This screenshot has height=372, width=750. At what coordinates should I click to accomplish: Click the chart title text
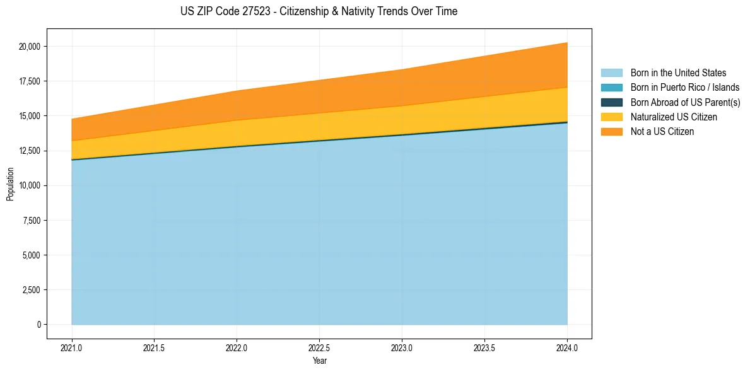click(x=319, y=11)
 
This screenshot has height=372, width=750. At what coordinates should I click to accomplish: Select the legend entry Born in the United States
click(x=678, y=73)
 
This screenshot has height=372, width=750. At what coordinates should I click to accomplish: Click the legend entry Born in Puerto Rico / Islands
click(x=685, y=88)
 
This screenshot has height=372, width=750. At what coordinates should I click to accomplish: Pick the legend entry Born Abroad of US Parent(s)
click(x=685, y=102)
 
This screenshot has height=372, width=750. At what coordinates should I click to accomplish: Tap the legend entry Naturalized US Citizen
click(x=674, y=117)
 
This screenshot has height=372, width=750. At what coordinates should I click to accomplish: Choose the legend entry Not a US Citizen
click(x=662, y=131)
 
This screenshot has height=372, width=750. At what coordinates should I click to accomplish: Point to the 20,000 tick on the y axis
click(x=30, y=47)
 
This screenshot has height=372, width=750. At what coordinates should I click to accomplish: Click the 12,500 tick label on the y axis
click(x=30, y=151)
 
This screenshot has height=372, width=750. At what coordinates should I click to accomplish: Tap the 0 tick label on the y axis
click(x=38, y=325)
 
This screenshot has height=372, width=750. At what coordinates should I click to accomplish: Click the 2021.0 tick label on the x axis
click(x=71, y=347)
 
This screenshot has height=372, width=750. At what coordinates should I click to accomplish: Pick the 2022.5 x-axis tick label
click(x=319, y=347)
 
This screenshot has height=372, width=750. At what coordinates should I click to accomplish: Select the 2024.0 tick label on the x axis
click(x=567, y=347)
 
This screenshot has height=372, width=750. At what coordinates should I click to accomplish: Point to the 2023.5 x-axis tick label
click(x=484, y=347)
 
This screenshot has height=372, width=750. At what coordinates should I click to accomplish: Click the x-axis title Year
click(x=319, y=361)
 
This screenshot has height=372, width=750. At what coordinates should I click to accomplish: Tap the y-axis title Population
click(x=10, y=184)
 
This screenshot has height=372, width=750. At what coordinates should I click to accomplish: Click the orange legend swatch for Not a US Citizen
click(x=611, y=131)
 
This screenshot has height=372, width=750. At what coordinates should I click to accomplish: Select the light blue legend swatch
click(x=611, y=73)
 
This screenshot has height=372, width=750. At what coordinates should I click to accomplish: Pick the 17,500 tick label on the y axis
click(x=30, y=81)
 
